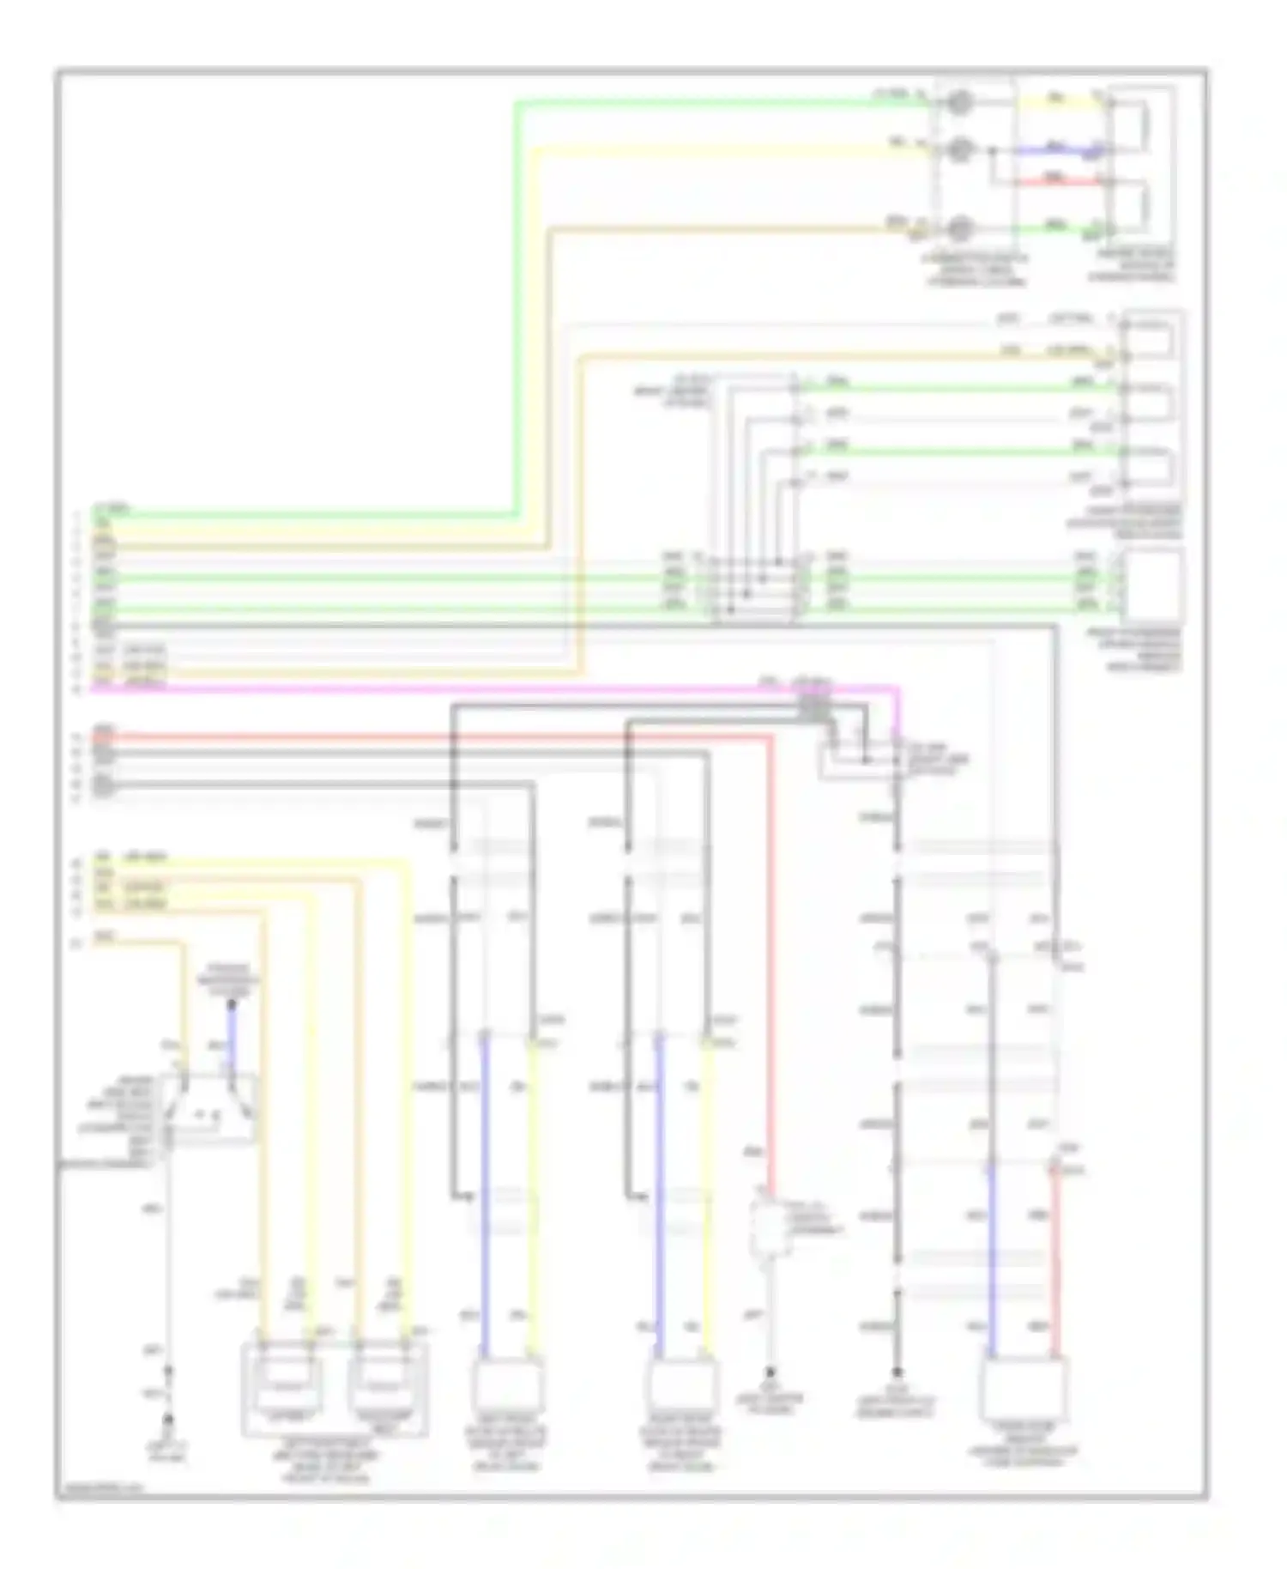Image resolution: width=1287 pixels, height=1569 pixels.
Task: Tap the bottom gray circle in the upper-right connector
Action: click(x=958, y=228)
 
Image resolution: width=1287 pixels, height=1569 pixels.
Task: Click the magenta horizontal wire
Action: click(x=515, y=688)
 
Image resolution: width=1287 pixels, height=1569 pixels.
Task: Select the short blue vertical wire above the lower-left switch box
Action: click(x=231, y=1034)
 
